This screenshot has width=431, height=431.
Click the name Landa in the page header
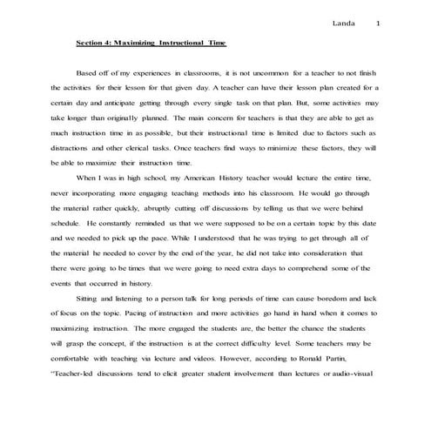(347, 23)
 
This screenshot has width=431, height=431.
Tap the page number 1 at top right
(377, 23)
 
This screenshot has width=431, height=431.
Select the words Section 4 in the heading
(92, 42)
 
